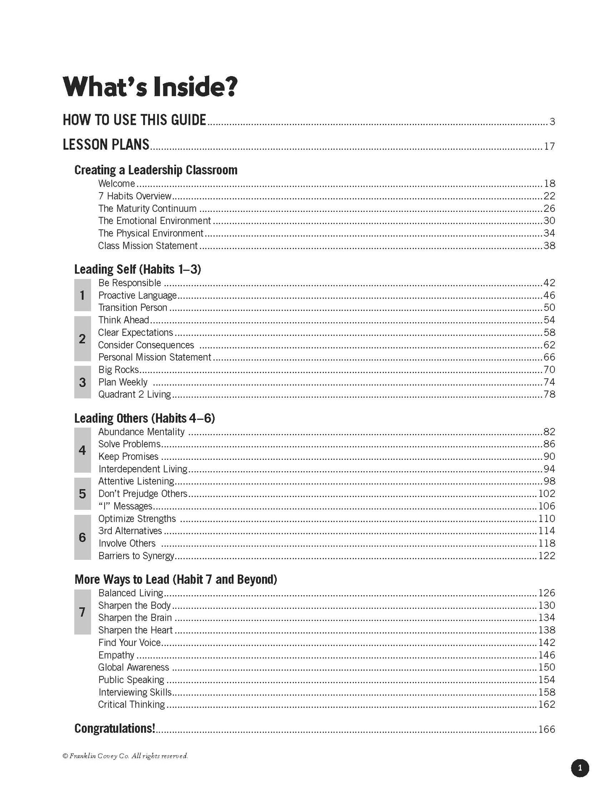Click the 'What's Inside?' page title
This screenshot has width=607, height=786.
[150, 87]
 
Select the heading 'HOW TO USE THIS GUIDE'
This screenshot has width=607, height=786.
[134, 120]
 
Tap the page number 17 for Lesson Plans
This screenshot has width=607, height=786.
[549, 146]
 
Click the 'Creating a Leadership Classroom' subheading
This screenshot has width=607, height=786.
[156, 170]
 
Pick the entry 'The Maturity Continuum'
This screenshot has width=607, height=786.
[147, 208]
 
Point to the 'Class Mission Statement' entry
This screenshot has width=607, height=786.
[148, 246]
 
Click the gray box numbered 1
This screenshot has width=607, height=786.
[82, 295]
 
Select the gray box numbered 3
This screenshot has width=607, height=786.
[82, 382]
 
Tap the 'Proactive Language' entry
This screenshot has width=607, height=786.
[137, 295]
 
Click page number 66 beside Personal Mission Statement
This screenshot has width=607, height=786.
[549, 357]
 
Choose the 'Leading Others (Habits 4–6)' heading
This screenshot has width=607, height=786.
[145, 418]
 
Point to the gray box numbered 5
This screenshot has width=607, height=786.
[82, 493]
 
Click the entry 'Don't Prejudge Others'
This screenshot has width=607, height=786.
[143, 493]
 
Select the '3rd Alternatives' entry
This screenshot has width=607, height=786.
[130, 531]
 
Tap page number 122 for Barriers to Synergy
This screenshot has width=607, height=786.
[547, 556]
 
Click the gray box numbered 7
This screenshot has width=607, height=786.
[82, 612]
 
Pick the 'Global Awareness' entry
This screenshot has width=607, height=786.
[134, 667]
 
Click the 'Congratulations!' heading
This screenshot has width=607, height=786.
[115, 728]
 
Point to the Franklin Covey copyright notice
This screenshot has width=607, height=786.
[125, 756]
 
